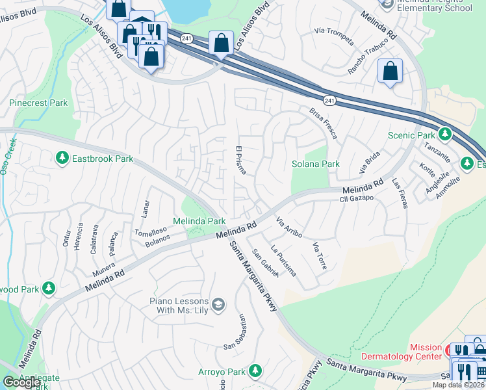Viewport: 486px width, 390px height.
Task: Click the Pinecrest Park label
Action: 38,103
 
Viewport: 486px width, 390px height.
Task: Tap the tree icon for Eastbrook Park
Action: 62,158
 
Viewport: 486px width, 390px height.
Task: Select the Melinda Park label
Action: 198,222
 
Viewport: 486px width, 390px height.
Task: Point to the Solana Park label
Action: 315,164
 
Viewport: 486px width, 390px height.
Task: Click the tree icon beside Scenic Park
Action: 444,135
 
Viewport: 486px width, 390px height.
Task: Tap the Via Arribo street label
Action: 289,227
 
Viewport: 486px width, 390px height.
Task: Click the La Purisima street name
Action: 283,260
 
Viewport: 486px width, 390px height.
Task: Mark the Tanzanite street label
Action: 437,155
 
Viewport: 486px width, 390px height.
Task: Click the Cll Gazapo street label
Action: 357,197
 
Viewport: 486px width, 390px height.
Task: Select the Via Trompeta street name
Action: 333,38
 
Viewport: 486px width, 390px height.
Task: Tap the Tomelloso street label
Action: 151,231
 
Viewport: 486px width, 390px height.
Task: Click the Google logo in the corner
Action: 21,382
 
